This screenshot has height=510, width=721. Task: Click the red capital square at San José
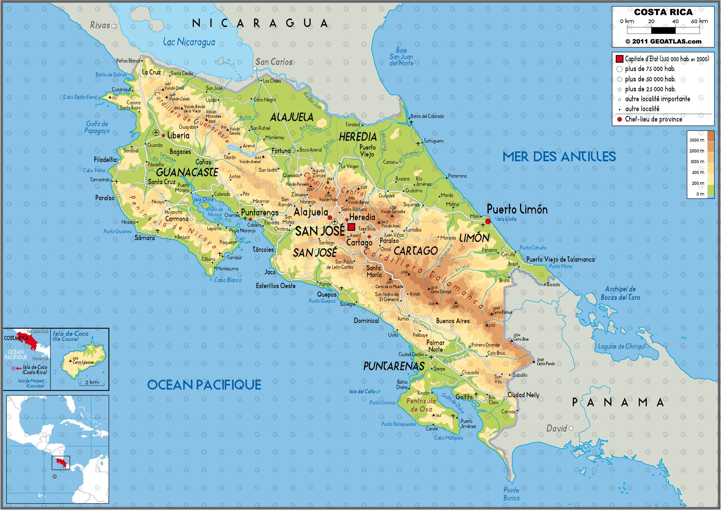pos(351,227)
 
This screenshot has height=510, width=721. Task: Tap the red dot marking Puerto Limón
pos(488,221)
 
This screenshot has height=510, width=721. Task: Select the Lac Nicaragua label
pos(189,42)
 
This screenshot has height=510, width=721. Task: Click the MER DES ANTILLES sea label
pos(559,156)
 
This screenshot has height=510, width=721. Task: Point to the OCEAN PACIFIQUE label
pos(204,384)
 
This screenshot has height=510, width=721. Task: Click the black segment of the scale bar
pos(663,31)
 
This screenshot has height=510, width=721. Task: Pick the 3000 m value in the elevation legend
pos(697,140)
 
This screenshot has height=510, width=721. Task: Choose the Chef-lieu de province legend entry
pos(653,120)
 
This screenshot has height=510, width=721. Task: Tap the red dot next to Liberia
pos(163,135)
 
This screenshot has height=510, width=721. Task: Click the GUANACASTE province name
pos(187,172)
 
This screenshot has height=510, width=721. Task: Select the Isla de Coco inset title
pos(70,336)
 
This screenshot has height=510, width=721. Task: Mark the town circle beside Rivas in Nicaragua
pos(114,26)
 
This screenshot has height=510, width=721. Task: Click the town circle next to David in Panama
pos(571,428)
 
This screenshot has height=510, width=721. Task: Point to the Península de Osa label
pos(421,405)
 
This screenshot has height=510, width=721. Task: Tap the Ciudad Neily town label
pos(523,395)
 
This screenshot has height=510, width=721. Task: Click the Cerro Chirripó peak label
pos(441,292)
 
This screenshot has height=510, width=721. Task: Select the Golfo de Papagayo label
pos(97,127)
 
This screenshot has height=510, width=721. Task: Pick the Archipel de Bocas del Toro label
pos(620,293)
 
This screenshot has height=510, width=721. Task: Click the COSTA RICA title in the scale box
pos(663,12)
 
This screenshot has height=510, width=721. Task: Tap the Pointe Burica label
pos(511,494)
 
